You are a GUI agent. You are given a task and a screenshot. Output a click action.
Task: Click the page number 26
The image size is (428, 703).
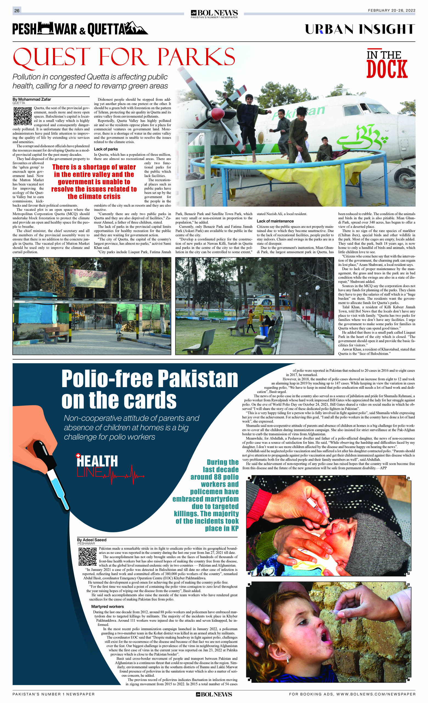coord(17,10)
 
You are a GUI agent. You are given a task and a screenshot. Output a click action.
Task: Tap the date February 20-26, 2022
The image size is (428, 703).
coord(391,10)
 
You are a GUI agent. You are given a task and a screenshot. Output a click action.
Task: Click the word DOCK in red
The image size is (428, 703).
coord(387,69)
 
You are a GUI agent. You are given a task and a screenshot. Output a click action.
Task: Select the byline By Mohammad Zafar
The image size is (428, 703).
coord(32,99)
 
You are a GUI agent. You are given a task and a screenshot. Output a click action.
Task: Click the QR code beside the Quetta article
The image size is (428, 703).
coord(23,116)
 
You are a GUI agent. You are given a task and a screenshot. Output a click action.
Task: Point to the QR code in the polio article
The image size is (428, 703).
coord(88,556)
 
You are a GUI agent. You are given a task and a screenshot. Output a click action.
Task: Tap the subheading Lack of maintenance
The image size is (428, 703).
coord(275,221)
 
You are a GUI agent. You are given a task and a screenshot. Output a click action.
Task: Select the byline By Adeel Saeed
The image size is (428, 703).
coord(91,540)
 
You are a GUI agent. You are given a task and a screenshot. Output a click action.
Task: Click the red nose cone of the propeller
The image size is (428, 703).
coord(218,114)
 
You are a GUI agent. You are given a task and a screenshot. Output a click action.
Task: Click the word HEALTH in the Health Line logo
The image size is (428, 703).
coord(97,461)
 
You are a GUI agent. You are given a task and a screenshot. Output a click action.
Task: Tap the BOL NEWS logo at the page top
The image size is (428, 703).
coord(214,13)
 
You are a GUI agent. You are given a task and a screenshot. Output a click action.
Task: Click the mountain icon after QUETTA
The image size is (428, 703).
coord(136,29)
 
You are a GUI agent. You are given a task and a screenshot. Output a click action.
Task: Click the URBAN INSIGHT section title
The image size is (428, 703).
coord(360,29)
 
